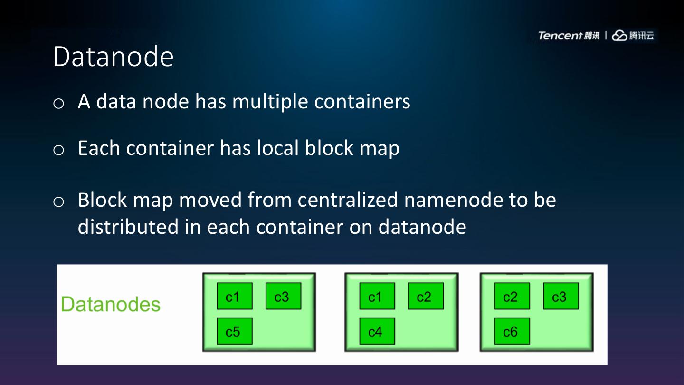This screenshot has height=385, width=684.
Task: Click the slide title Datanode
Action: point(113,57)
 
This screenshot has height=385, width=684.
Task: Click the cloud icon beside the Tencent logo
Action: point(619,36)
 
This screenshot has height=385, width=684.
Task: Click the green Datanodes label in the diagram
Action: point(111,304)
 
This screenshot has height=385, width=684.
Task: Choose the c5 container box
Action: point(235,331)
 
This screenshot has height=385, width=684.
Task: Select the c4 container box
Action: point(377,331)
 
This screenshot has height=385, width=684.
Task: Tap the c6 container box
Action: point(512,331)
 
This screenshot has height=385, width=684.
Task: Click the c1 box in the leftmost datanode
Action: point(235,297)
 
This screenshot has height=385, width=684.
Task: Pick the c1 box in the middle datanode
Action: point(377,297)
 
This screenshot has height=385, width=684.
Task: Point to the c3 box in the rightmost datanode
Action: point(560,297)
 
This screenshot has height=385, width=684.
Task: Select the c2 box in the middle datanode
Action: point(426,297)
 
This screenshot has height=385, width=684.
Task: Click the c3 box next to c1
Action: point(283,297)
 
